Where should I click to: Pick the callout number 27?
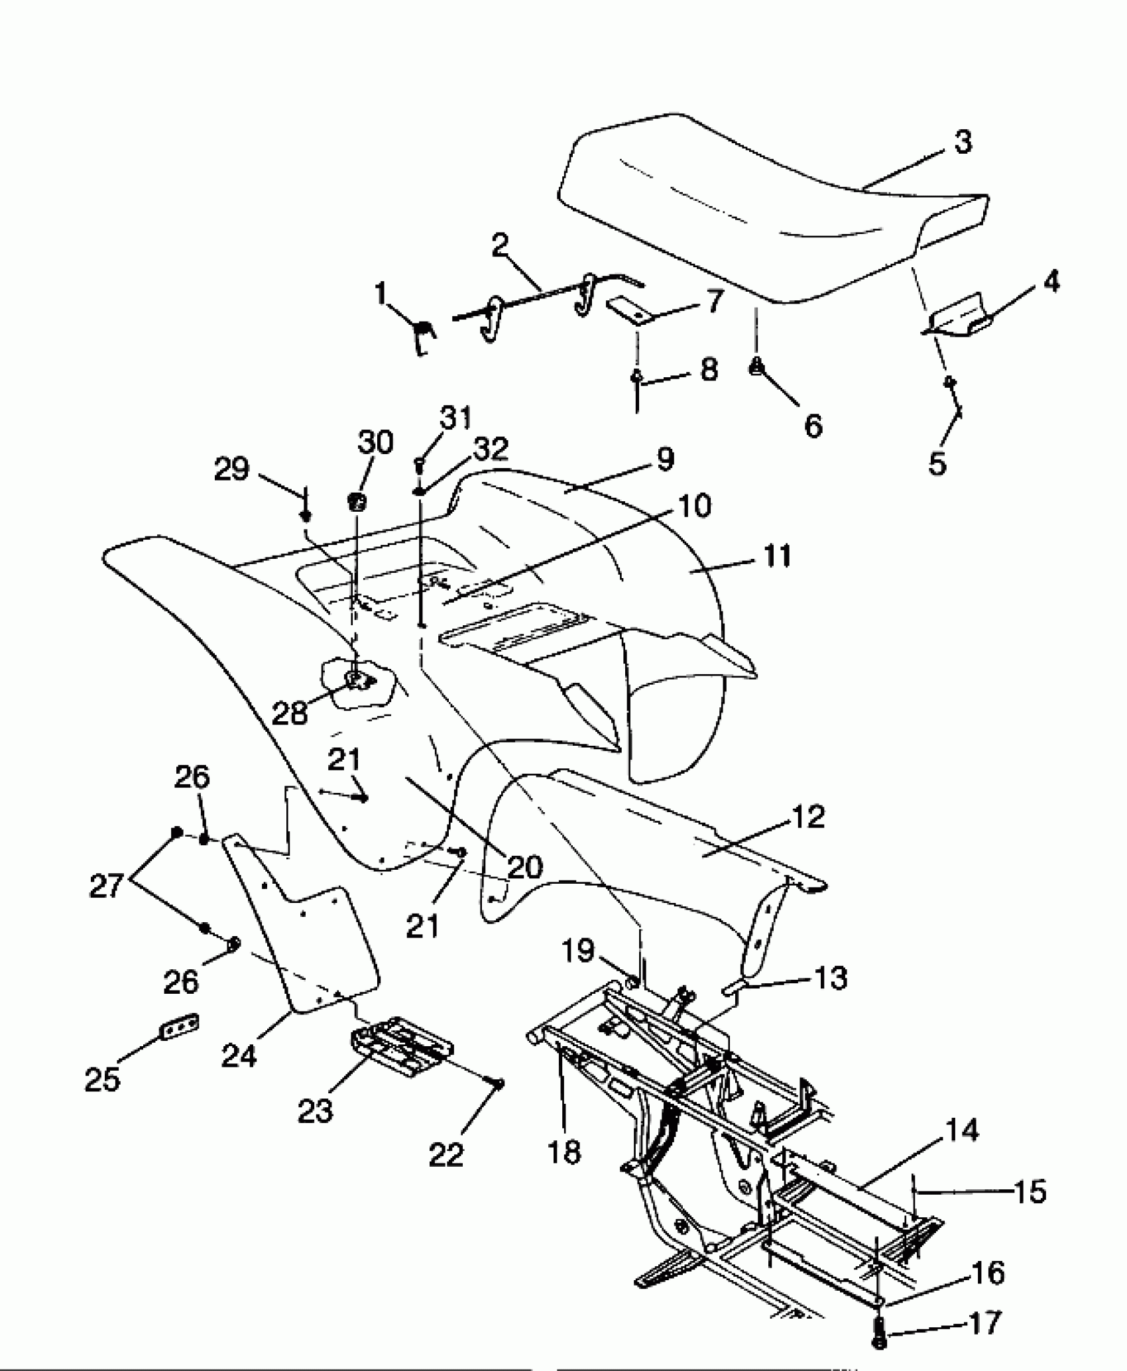tap(107, 886)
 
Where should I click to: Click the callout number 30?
tap(375, 442)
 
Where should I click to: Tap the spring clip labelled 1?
tap(422, 333)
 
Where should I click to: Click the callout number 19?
tap(577, 951)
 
